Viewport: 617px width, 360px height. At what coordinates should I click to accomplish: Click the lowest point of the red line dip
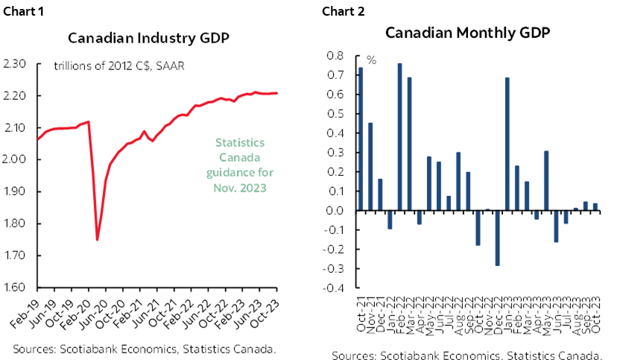[98, 239]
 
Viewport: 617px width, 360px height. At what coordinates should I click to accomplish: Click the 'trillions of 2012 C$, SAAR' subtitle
[119, 66]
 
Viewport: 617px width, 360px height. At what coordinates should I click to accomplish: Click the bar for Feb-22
[399, 137]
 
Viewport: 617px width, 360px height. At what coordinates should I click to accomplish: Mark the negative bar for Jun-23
[555, 226]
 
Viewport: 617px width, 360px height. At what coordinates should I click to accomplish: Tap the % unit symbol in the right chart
[371, 60]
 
